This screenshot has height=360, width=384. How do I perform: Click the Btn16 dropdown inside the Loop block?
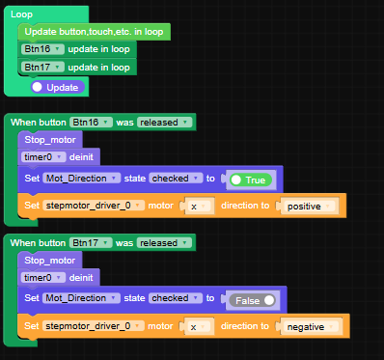[x=43, y=49]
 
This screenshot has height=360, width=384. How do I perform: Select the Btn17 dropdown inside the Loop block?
[x=43, y=68]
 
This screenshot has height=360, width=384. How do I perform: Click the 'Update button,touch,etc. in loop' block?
[x=94, y=32]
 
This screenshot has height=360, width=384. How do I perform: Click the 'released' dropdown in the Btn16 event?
[x=164, y=123]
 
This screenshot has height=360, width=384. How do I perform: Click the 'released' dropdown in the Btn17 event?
[x=164, y=242]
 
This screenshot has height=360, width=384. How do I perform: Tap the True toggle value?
[x=251, y=180]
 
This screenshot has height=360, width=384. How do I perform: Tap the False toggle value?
[x=251, y=299]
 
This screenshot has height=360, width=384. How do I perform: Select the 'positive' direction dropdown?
[x=308, y=206]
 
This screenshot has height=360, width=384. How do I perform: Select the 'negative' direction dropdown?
[x=312, y=326]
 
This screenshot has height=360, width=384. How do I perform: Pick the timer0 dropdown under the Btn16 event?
[x=43, y=156]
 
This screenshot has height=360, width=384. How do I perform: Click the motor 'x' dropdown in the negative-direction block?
[x=199, y=326]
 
